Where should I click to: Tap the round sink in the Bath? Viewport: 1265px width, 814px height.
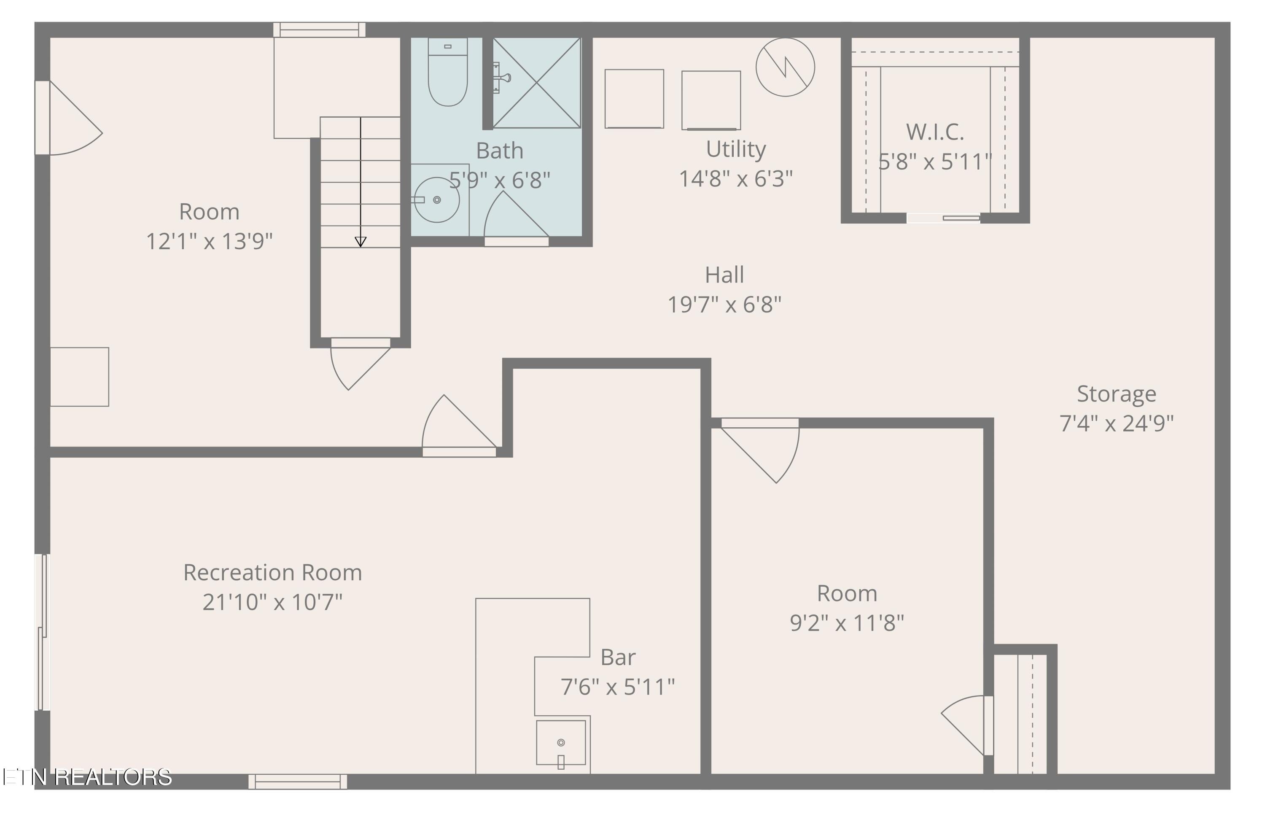click(436, 200)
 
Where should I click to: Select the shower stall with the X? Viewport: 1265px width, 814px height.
click(536, 83)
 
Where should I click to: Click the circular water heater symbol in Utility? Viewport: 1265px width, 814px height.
click(785, 67)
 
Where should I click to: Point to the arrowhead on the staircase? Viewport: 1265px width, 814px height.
click(361, 242)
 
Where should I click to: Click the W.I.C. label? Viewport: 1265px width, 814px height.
click(935, 132)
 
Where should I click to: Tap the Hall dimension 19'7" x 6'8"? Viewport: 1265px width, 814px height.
click(724, 305)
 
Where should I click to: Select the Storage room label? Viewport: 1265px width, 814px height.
click(1116, 394)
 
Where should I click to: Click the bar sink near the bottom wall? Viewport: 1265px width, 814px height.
click(561, 742)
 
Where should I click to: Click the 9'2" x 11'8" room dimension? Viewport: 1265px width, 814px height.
click(847, 623)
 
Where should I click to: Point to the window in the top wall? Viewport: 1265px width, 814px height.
click(319, 30)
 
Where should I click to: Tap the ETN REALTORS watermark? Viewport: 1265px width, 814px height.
click(87, 777)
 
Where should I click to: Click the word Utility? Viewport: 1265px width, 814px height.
click(735, 149)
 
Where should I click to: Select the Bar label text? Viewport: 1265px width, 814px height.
click(618, 658)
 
